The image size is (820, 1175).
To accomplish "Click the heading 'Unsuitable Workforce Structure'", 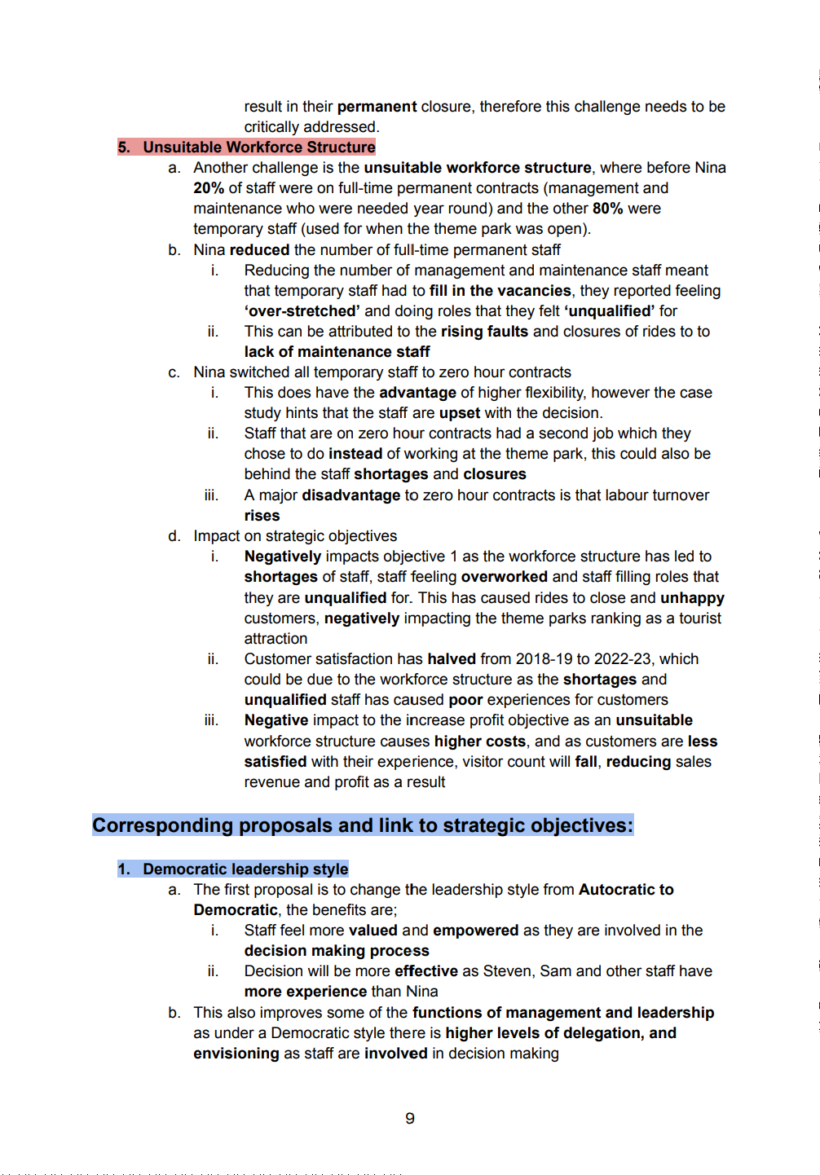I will click(x=258, y=147).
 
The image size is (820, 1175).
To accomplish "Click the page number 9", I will click(x=410, y=1119).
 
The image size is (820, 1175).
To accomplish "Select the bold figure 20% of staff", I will click(x=209, y=188).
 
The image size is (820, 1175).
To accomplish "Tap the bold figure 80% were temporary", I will click(x=607, y=209).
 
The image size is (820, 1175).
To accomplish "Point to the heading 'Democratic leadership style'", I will click(x=245, y=869).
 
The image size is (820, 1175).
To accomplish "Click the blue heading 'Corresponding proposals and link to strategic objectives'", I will click(x=362, y=825).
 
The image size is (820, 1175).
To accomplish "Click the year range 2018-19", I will click(x=551, y=659).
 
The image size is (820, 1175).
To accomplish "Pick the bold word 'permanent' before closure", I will click(x=377, y=107).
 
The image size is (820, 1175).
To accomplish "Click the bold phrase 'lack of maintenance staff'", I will click(x=337, y=352).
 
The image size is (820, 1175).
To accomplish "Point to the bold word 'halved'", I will click(x=452, y=659).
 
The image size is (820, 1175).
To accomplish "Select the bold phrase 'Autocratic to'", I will click(x=626, y=890).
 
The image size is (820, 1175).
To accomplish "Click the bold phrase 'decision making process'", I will click(x=337, y=951).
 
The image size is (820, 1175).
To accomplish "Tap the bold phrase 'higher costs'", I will click(x=479, y=742).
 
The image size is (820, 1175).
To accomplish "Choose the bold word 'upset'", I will click(x=460, y=413).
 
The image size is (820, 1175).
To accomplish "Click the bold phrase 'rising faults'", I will click(x=484, y=332).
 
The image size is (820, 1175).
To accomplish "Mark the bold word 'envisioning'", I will click(x=236, y=1054).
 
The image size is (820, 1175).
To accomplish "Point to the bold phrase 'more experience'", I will click(x=306, y=992).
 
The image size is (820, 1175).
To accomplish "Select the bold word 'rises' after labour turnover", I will click(x=262, y=516).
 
